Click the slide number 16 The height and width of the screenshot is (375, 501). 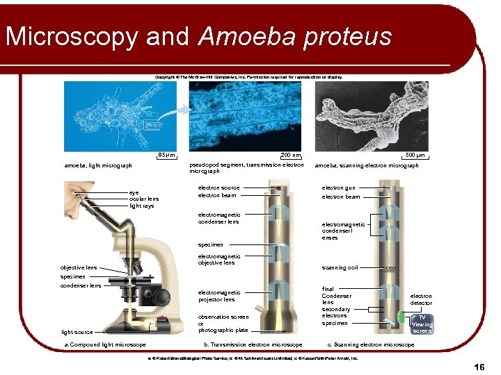coord(479,366)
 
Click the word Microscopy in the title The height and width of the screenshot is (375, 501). coord(72,37)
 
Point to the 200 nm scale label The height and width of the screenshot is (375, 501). coord(291,155)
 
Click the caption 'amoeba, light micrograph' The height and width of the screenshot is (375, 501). coord(98,166)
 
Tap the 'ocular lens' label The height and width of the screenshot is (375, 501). coord(144,199)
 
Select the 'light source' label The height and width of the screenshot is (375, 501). coord(77,332)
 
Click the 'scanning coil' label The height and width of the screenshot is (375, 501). coord(340,267)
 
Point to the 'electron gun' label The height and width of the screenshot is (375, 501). coord(338,187)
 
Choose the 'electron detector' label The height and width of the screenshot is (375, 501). coord(421,299)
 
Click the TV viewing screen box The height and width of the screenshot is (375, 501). coord(421,324)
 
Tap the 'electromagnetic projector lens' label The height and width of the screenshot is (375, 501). coord(219,296)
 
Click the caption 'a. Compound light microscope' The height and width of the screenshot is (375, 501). coord(105,344)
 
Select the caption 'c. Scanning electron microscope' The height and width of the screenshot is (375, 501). coord(370,344)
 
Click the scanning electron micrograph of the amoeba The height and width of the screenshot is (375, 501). coord(372,115)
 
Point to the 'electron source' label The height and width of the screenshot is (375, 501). coord(218,187)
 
